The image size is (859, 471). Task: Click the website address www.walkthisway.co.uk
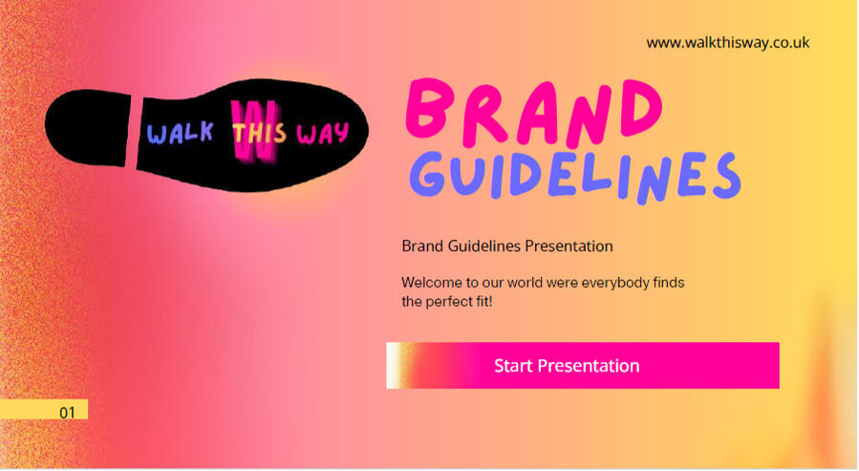pyautogui.click(x=727, y=43)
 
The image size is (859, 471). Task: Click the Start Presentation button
pyautogui.click(x=583, y=366)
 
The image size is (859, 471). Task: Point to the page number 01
pyautogui.click(x=67, y=413)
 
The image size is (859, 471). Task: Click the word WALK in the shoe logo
pyautogui.click(x=180, y=134)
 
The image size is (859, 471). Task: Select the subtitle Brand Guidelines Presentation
pyautogui.click(x=506, y=246)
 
